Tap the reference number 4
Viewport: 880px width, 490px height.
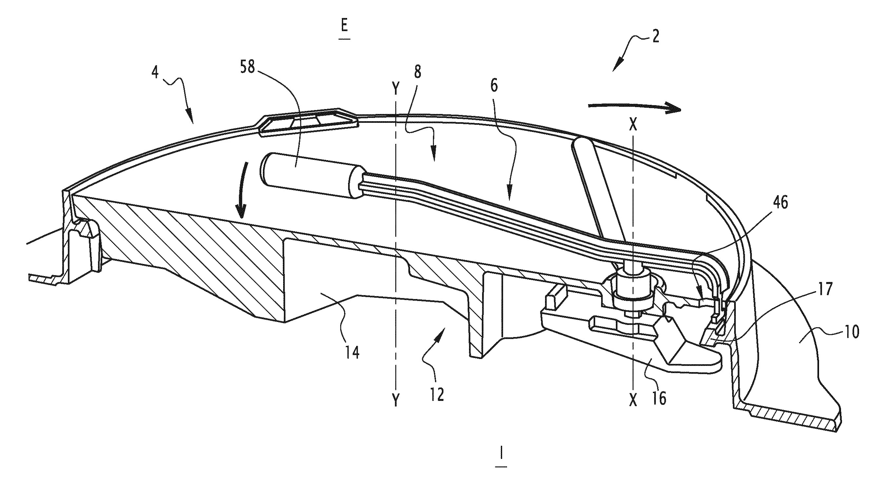155,73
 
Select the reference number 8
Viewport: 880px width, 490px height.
418,72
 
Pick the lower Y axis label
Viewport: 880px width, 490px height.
396,400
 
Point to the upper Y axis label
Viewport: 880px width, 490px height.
396,89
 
